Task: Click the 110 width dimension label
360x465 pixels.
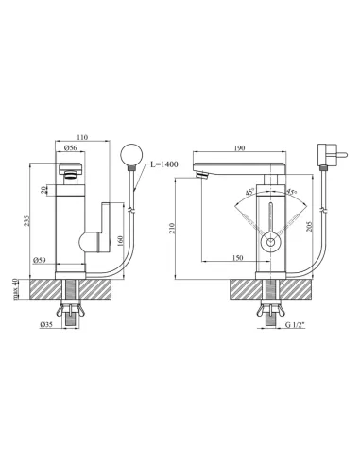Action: [82, 137]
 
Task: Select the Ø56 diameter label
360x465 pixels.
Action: [70, 147]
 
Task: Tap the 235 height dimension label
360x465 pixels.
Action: [26, 220]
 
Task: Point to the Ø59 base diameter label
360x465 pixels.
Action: [40, 260]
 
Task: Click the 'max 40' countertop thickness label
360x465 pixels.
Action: [15, 289]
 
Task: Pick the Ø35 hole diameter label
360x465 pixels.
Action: [46, 325]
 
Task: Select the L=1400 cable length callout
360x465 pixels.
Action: [163, 164]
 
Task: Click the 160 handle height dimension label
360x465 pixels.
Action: [121, 241]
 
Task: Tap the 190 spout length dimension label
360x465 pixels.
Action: [240, 148]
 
